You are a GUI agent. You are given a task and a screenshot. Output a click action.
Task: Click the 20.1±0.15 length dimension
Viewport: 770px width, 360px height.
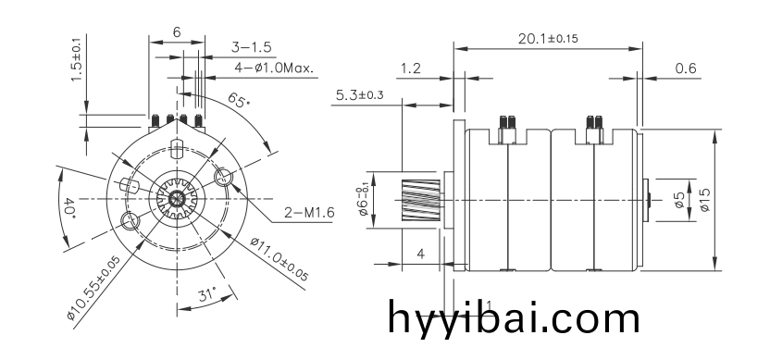click(x=548, y=38)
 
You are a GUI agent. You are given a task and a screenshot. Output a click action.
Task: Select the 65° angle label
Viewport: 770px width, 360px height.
click(x=239, y=100)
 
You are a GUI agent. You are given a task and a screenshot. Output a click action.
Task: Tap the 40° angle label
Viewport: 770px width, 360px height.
click(x=68, y=207)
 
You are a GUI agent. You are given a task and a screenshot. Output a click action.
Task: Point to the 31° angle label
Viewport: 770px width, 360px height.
click(x=207, y=294)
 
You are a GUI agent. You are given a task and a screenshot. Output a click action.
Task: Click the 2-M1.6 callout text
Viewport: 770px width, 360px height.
click(x=309, y=213)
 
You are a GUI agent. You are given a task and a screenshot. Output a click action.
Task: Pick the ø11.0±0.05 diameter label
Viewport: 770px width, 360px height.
click(x=279, y=259)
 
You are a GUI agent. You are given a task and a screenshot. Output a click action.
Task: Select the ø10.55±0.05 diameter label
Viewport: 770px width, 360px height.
click(x=93, y=288)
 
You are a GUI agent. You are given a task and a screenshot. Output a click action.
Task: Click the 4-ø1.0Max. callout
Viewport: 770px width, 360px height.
click(x=274, y=68)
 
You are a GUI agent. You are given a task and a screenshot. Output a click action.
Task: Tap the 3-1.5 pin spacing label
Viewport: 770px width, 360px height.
click(x=251, y=47)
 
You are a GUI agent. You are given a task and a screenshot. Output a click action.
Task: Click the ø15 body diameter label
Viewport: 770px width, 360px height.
click(x=704, y=200)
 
